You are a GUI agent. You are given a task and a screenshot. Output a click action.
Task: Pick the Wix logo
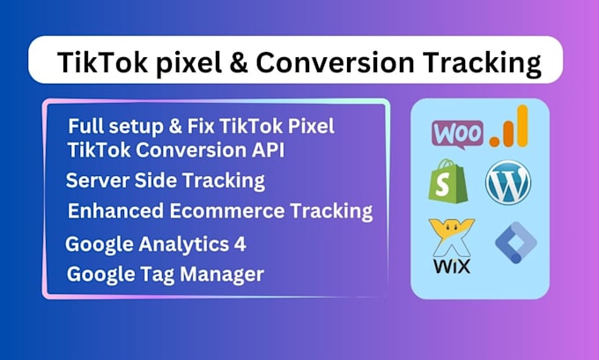[450, 246]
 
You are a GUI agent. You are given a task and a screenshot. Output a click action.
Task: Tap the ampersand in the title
[235, 63]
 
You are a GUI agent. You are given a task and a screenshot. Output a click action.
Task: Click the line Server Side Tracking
[166, 181]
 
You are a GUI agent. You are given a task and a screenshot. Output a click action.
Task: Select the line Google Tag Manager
[166, 274]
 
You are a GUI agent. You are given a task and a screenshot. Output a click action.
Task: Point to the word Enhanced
[113, 211]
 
